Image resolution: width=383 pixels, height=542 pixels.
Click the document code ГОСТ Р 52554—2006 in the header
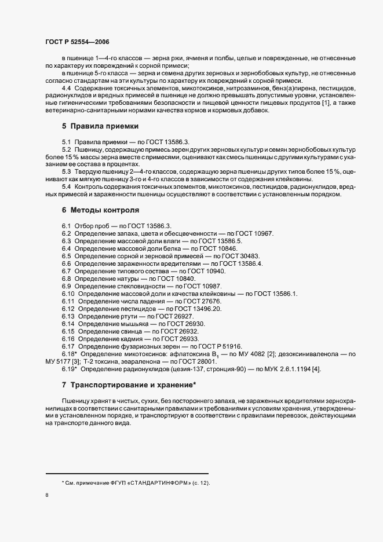point(77,42)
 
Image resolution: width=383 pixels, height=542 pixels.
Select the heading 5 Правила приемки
point(100,126)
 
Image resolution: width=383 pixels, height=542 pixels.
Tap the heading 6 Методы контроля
point(101,210)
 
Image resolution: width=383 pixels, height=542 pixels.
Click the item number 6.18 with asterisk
point(70,354)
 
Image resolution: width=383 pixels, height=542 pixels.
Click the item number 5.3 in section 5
point(66,171)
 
